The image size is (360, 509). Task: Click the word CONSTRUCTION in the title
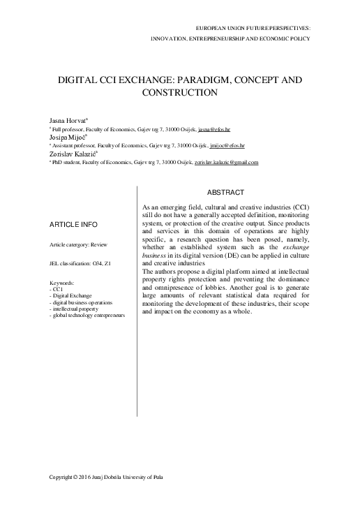click(x=180, y=93)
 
